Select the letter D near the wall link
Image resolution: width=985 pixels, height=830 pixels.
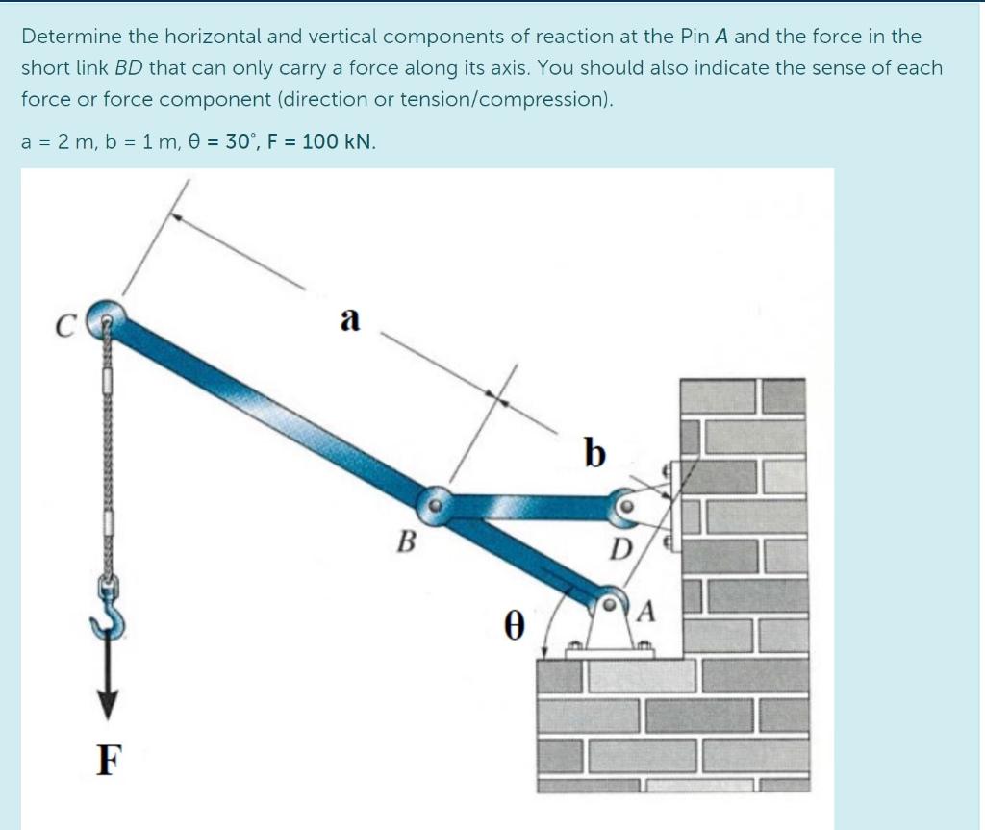[x=620, y=551]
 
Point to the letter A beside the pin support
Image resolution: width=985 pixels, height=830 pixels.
[x=646, y=610]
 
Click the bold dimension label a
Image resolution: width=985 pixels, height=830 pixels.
[x=350, y=317]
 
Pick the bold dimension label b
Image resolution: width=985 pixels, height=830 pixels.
[x=594, y=451]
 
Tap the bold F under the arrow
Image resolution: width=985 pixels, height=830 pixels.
[x=110, y=761]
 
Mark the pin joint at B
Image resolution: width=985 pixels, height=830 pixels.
[x=435, y=503]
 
